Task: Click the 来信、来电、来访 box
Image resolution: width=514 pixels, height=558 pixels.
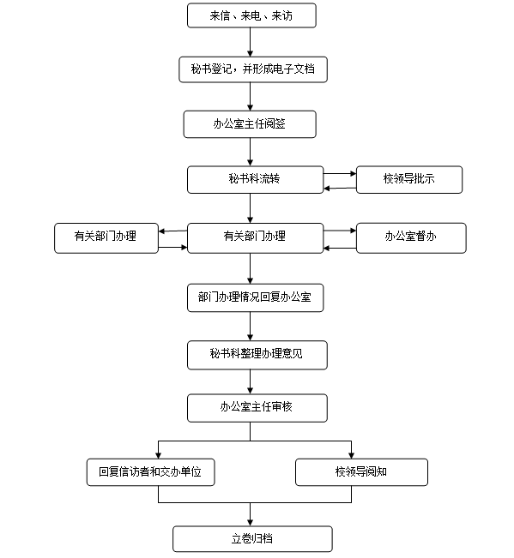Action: pyautogui.click(x=251, y=15)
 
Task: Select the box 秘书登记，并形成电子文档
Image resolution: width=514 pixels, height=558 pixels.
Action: pyautogui.click(x=253, y=69)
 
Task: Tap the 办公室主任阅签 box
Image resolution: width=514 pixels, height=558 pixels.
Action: pyautogui.click(x=250, y=124)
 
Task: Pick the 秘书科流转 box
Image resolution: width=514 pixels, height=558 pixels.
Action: pyautogui.click(x=255, y=180)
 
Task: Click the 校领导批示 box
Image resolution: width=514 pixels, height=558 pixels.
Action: pyautogui.click(x=409, y=180)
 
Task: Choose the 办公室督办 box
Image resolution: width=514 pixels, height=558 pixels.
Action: pyautogui.click(x=411, y=238)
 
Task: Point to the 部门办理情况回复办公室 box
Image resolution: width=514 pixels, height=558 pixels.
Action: pyautogui.click(x=255, y=298)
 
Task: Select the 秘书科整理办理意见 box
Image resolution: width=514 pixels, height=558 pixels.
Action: pyautogui.click(x=257, y=355)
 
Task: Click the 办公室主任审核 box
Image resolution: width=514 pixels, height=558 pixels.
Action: pyautogui.click(x=257, y=408)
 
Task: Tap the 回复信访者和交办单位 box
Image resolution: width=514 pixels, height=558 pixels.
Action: pyautogui.click(x=151, y=472)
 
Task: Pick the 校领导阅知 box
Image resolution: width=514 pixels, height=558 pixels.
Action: pyautogui.click(x=361, y=472)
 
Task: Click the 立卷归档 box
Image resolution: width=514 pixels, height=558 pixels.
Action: pyautogui.click(x=252, y=539)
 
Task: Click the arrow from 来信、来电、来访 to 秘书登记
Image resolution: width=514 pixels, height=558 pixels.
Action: pyautogui.click(x=250, y=42)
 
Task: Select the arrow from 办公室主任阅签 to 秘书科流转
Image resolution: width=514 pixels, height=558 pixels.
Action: pyautogui.click(x=250, y=152)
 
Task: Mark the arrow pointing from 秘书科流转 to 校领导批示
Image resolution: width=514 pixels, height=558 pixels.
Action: pyautogui.click(x=340, y=174)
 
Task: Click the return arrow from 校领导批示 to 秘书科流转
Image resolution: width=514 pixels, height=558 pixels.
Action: pyautogui.click(x=340, y=189)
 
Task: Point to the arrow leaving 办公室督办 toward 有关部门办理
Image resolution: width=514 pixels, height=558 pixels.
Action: pyautogui.click(x=340, y=248)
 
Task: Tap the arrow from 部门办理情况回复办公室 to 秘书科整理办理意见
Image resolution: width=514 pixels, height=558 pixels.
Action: pyautogui.click(x=250, y=327)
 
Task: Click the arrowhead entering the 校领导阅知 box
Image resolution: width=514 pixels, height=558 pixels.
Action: pyautogui.click(x=351, y=455)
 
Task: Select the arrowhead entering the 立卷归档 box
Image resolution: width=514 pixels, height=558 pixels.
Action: pyautogui.click(x=250, y=523)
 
